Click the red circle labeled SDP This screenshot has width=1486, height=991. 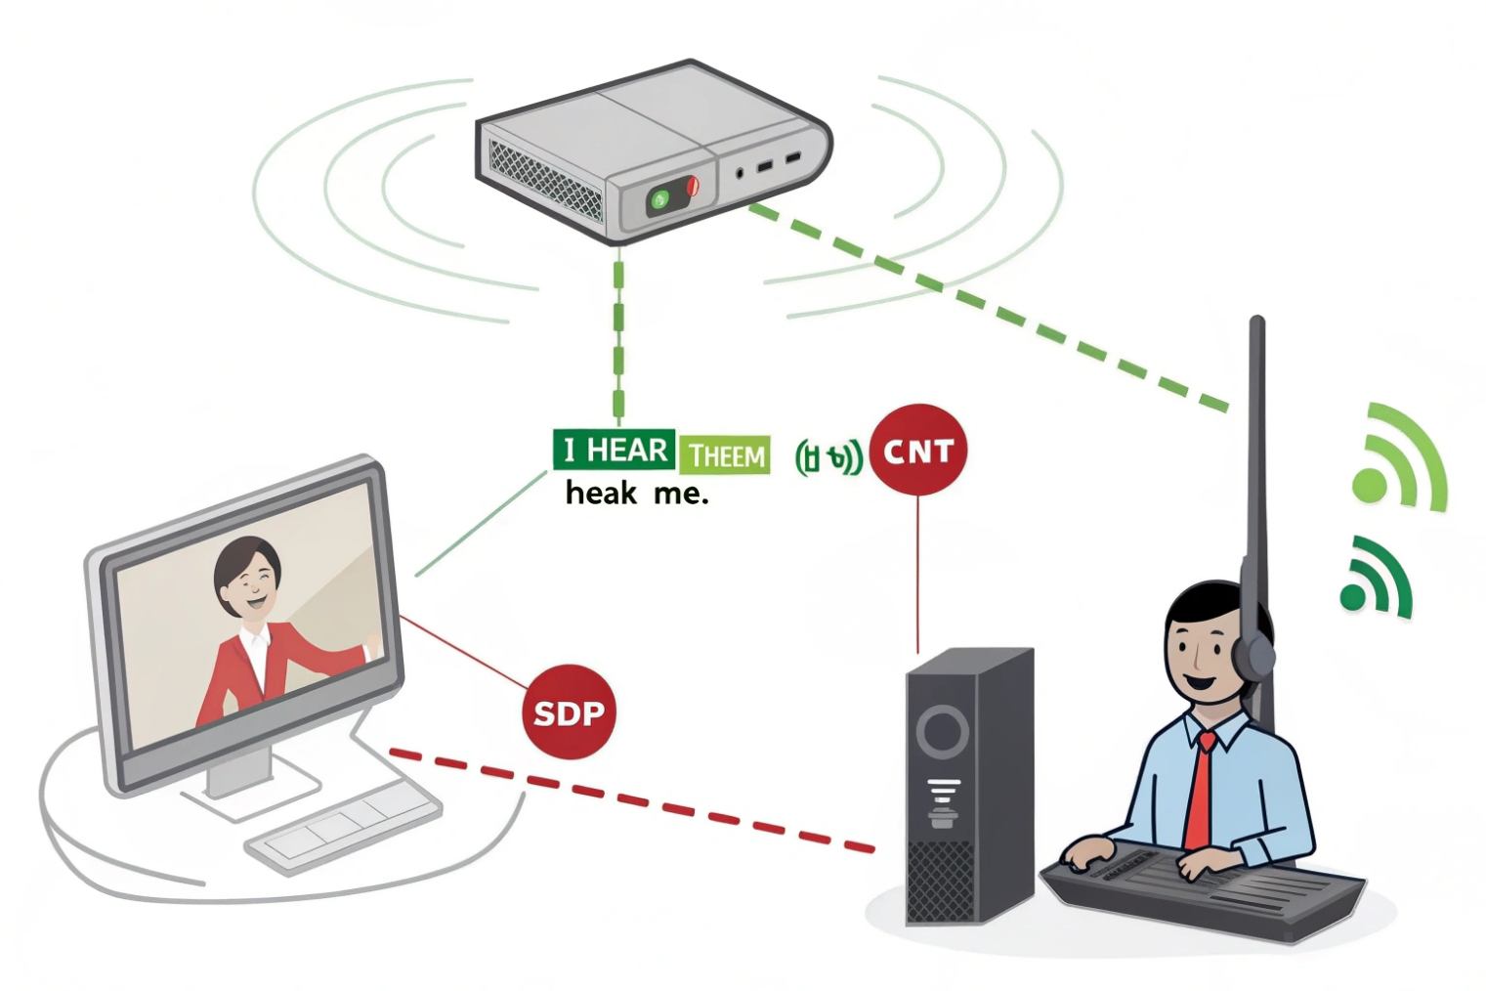point(569,712)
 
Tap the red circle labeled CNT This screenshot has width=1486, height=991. point(917,451)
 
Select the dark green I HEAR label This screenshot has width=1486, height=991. point(614,450)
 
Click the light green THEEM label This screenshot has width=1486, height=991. point(724,454)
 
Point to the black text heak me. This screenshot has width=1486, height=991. point(636,494)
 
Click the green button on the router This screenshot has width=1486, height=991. point(659,200)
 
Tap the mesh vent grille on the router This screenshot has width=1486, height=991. point(545,181)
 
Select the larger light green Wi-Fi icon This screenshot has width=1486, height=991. point(1397,459)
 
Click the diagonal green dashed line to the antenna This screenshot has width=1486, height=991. point(987,305)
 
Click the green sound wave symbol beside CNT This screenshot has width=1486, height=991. point(828,456)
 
